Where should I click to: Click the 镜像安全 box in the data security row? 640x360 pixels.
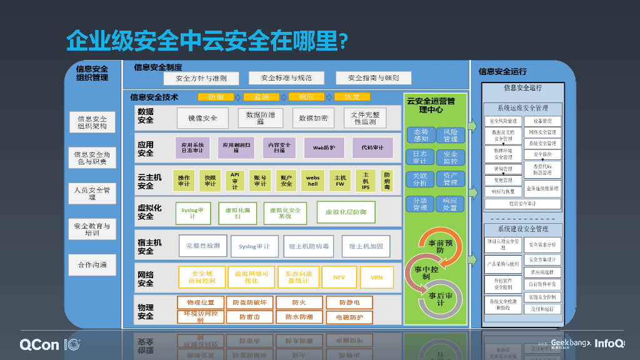click(202, 117)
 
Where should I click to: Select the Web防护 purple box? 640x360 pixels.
click(324, 148)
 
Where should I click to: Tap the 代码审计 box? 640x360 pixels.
click(372, 148)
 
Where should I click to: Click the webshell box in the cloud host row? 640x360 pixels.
click(312, 181)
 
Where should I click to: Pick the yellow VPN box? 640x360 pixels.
click(376, 277)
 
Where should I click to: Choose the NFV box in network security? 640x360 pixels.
click(339, 277)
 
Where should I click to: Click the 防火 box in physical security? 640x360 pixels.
click(299, 302)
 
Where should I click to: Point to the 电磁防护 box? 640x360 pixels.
click(349, 317)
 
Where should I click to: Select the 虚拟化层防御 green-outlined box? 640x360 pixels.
click(346, 212)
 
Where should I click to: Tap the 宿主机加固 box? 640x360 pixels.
click(366, 246)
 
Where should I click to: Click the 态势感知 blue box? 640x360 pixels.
click(421, 136)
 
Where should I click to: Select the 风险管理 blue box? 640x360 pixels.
click(451, 136)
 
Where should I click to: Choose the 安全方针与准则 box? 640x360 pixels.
click(201, 78)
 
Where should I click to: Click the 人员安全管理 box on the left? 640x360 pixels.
click(92, 193)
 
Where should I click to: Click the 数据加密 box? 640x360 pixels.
click(312, 117)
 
